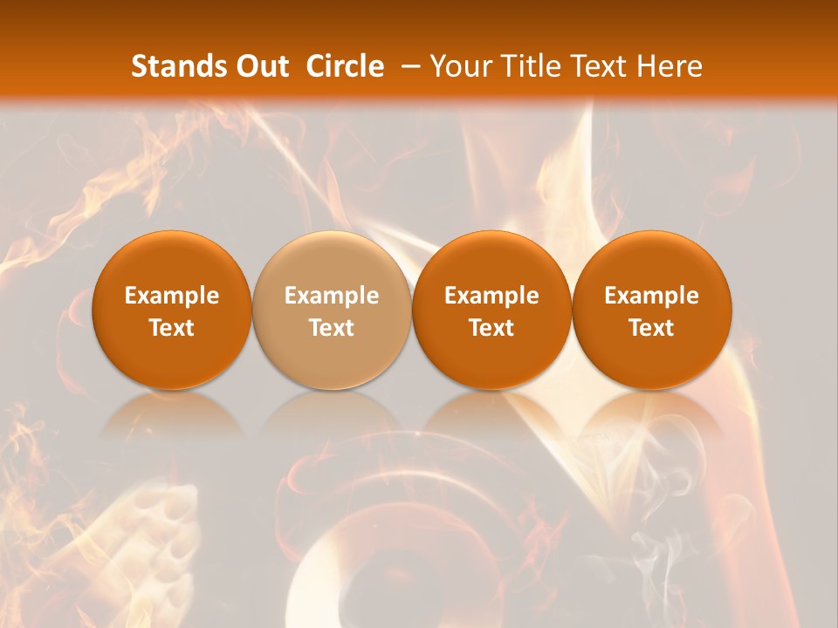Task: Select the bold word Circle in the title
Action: pyautogui.click(x=345, y=66)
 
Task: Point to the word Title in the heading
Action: pyautogui.click(x=528, y=66)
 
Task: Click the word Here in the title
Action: pyautogui.click(x=668, y=66)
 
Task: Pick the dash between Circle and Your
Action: pyautogui.click(x=408, y=66)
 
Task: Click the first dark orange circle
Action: pyautogui.click(x=172, y=262)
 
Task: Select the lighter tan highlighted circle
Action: pyautogui.click(x=332, y=262)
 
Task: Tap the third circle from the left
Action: pyautogui.click(x=491, y=262)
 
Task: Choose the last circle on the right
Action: pyautogui.click(x=652, y=262)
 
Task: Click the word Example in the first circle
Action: pyautogui.click(x=172, y=296)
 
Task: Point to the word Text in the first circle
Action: pyautogui.click(x=172, y=328)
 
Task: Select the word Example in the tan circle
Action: pyautogui.click(x=332, y=296)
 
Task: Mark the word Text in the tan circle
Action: pyautogui.click(x=332, y=328)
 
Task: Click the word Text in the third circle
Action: pyautogui.click(x=491, y=328)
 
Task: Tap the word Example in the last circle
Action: pyautogui.click(x=652, y=296)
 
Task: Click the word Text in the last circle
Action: pyautogui.click(x=652, y=328)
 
